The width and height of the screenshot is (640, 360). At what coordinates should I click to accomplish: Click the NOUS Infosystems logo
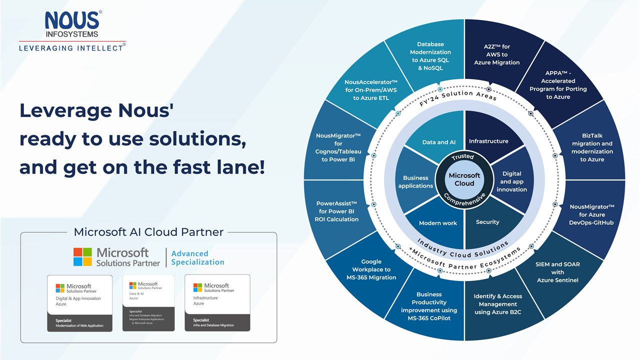tap(72, 25)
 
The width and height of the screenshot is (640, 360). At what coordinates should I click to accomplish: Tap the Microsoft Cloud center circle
tap(464, 179)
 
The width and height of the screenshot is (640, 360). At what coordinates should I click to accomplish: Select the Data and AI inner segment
tap(438, 142)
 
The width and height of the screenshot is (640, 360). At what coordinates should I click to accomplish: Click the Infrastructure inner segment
tap(488, 141)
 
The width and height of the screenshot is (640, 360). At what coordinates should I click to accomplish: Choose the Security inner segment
tap(487, 222)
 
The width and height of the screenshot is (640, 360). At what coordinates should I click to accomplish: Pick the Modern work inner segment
tap(438, 223)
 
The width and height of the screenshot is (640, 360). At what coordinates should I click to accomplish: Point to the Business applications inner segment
tap(415, 181)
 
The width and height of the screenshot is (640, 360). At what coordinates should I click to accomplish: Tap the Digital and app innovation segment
tap(511, 181)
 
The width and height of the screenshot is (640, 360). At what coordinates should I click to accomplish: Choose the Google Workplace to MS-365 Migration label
tap(371, 269)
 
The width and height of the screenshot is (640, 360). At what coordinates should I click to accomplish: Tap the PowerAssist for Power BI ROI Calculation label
tap(336, 211)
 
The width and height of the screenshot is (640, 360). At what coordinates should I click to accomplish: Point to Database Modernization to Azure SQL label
tap(430, 56)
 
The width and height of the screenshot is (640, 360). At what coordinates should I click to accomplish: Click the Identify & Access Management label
tap(497, 304)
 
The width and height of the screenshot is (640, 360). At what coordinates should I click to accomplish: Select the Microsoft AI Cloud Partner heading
tap(148, 232)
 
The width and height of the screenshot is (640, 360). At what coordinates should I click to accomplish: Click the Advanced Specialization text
tap(197, 257)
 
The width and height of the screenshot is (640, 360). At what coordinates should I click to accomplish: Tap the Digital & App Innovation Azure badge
tap(80, 302)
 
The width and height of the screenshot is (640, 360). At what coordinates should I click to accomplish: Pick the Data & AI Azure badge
tap(148, 302)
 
